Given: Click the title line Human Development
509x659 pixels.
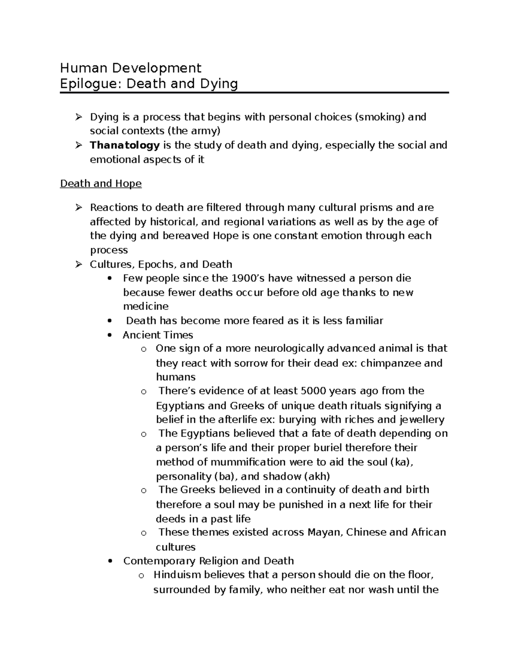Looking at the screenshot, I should pos(131,67).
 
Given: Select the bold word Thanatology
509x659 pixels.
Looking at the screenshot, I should pos(125,146).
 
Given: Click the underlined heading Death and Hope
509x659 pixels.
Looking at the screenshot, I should pos(101,184).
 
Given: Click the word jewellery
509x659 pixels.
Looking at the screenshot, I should pos(422,420).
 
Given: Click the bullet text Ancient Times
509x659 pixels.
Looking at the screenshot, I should pos(158,335).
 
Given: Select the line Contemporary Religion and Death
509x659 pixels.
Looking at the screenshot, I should pos(208,561).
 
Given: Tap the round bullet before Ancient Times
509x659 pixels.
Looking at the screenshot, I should pos(110,335).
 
